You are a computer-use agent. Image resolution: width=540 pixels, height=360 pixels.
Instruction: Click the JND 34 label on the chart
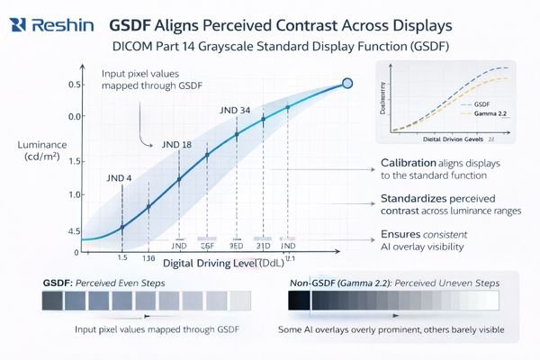[234, 111]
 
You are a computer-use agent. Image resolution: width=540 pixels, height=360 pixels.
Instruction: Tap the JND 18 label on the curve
[176, 144]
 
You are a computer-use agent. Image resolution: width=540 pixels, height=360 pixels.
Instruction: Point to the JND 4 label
[118, 177]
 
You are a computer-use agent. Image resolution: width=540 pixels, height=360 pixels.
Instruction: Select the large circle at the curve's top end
[348, 85]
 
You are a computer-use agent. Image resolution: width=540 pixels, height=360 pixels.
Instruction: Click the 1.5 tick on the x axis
[121, 256]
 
